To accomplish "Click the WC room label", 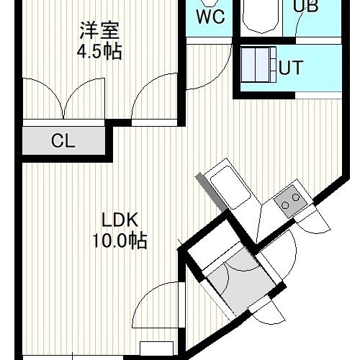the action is pos(210,17).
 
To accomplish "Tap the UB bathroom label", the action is pos(306,6).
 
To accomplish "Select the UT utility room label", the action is pos(291,68).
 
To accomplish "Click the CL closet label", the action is pos(63,140).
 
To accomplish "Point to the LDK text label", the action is pos(120,220).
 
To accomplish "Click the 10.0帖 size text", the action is pos(120,240).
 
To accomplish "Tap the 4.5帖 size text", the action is pos(99,52).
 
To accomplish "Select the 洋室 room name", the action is pos(99,30).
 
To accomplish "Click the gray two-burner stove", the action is pos(291,201).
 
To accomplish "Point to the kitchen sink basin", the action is pos(230,188).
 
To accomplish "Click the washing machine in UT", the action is pos(258,65).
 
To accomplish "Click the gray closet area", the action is pos(64,141).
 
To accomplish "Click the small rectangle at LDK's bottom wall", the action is pos(156,348).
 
